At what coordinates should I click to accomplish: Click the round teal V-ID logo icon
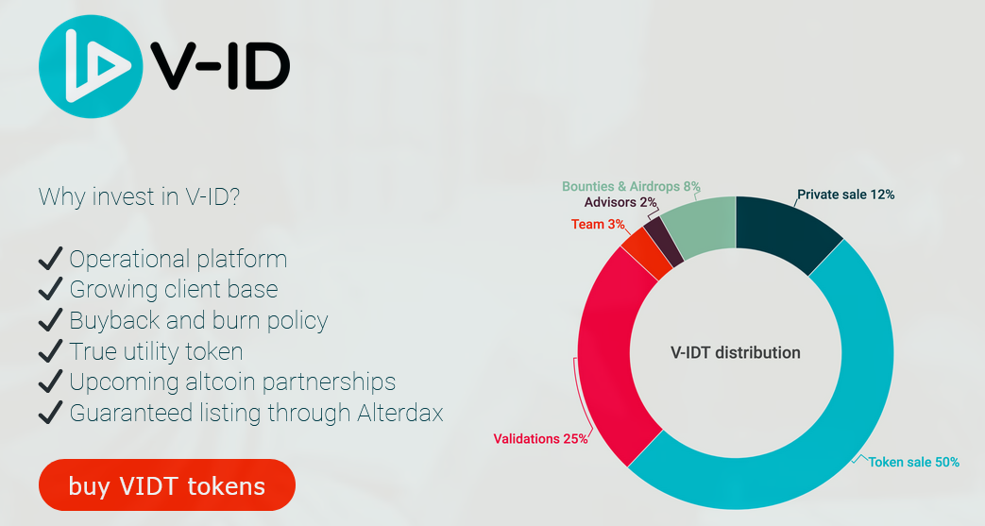click(91, 67)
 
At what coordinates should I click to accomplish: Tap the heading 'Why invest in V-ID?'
click(140, 196)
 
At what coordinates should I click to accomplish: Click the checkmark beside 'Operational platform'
click(50, 259)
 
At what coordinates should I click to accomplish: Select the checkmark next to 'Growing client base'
click(50, 289)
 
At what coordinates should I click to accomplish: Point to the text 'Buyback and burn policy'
click(198, 320)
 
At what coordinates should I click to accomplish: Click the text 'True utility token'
click(157, 351)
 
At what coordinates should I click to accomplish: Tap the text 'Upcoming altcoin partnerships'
click(232, 382)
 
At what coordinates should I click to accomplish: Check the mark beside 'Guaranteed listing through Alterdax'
click(50, 413)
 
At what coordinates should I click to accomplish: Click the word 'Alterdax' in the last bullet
click(400, 413)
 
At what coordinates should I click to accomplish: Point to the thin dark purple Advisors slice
click(663, 242)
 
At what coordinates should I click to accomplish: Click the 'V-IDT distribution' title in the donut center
click(736, 352)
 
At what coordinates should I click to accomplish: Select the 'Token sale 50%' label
click(914, 462)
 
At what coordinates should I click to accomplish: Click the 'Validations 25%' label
click(541, 438)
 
